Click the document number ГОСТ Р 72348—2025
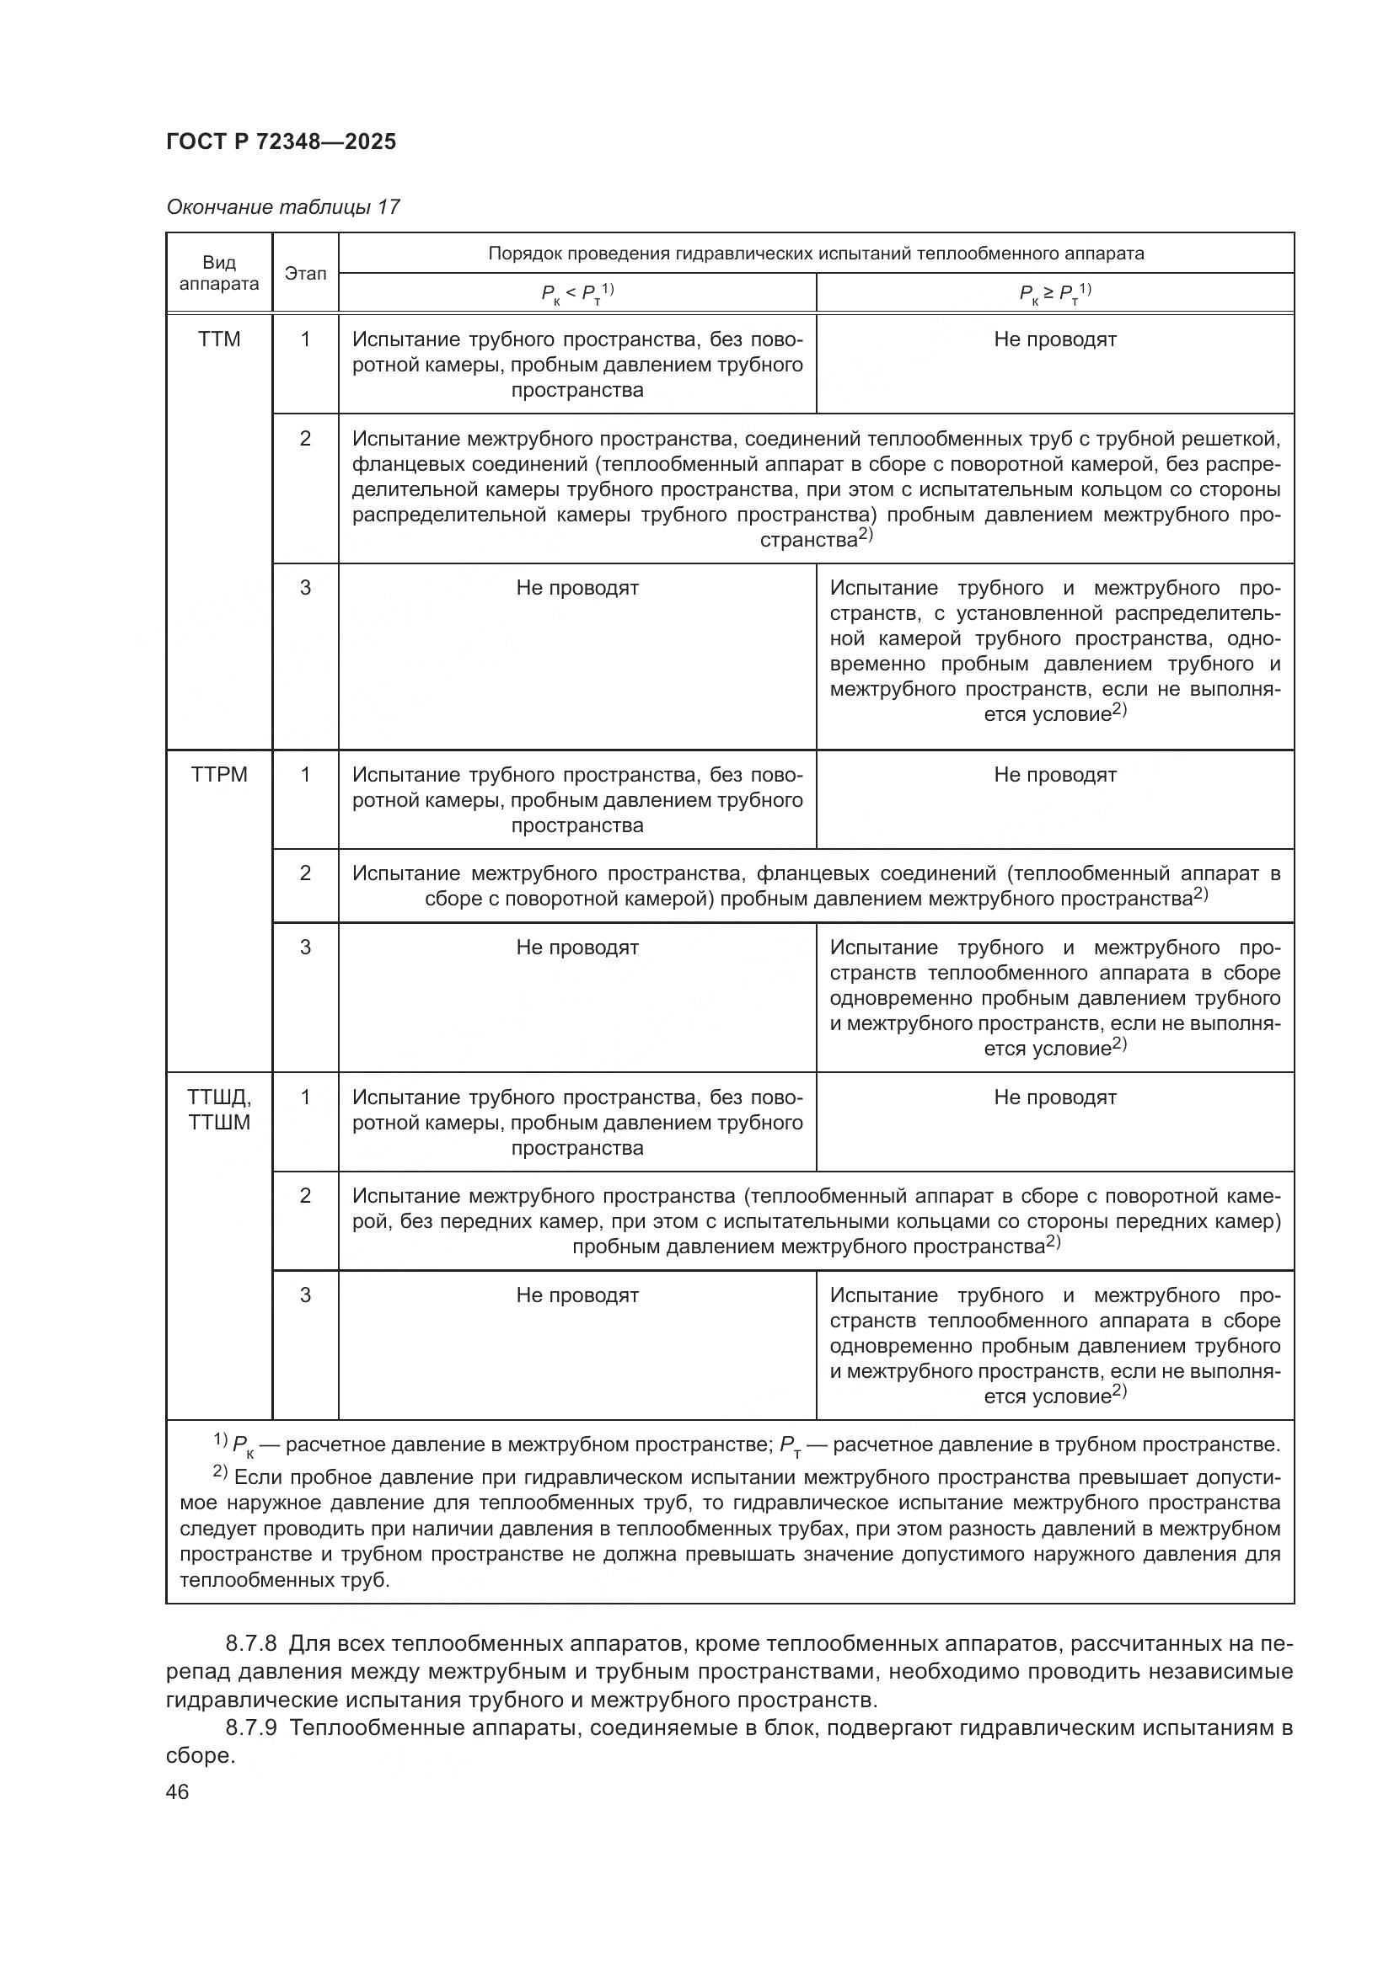(281, 141)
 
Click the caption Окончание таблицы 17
(282, 207)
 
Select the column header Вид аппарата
(219, 273)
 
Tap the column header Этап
(306, 273)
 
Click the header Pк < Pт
(576, 293)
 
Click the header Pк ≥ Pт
(1055, 293)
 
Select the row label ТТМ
(219, 339)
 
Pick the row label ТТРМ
(219, 775)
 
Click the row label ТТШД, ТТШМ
(219, 1109)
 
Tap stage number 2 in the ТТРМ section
(306, 873)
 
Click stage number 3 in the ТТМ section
(306, 588)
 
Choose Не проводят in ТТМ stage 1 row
(1055, 339)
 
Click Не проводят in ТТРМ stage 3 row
(576, 948)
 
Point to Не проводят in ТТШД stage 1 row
(1055, 1097)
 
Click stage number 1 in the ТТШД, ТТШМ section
(306, 1097)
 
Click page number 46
(178, 1791)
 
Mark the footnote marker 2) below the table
(220, 1473)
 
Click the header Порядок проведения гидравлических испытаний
(816, 254)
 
